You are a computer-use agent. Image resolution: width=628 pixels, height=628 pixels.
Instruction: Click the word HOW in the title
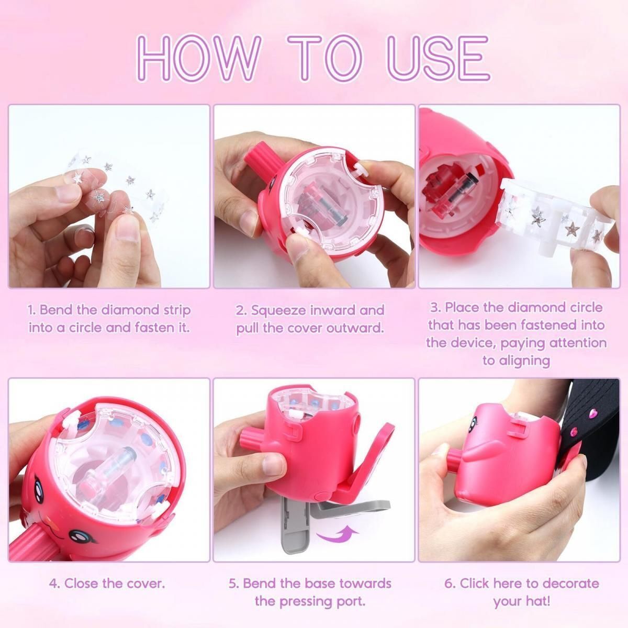click(x=198, y=58)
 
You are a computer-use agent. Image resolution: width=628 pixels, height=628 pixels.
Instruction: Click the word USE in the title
click(x=438, y=58)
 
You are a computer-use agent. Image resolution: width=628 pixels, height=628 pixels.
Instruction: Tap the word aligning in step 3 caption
click(x=516, y=361)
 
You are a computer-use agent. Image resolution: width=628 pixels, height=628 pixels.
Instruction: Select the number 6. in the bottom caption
click(x=450, y=584)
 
